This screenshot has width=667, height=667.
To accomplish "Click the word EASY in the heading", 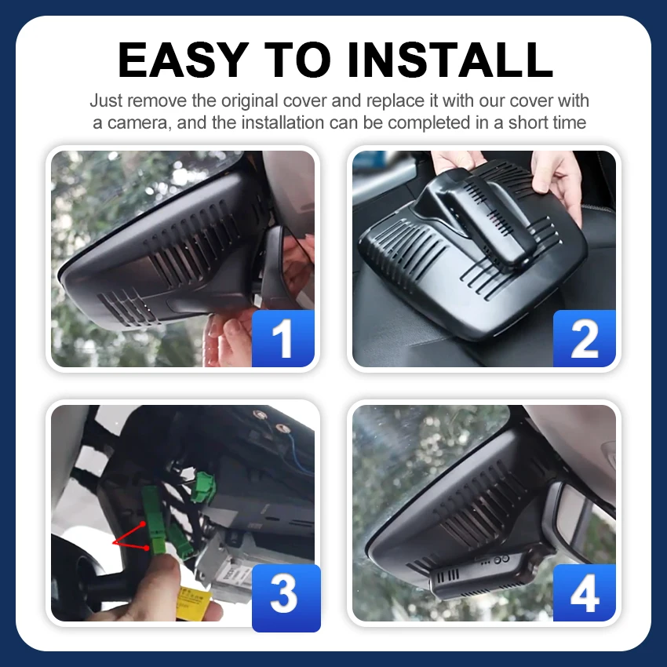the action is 183,60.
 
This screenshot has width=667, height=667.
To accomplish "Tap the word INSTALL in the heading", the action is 450,60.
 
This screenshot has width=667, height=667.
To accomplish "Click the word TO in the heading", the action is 297,60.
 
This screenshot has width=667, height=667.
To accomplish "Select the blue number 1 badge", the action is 283,339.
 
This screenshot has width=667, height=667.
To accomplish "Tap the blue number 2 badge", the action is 585,339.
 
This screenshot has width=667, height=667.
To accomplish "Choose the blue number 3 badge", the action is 286,598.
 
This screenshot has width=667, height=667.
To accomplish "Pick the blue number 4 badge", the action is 585,593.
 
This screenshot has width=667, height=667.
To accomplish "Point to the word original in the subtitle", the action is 250,101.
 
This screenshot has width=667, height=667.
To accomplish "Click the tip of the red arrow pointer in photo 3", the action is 113,543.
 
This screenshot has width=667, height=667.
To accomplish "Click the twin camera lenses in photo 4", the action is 501,559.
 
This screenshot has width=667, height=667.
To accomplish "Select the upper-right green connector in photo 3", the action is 203,486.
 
